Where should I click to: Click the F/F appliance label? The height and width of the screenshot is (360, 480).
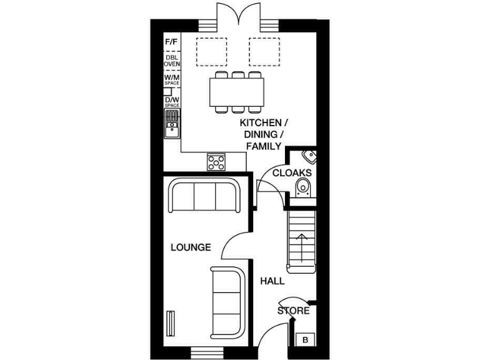click(171, 42)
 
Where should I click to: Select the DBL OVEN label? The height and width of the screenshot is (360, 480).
click(171, 61)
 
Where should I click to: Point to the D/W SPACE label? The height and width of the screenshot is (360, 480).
click(171, 102)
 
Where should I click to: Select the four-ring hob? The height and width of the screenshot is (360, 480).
click(216, 161)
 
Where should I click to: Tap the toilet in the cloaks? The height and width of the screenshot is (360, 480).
click(304, 186)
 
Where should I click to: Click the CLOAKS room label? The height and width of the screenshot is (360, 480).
click(292, 172)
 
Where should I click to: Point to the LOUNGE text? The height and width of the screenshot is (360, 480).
click(191, 247)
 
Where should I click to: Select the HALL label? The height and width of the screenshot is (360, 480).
click(272, 281)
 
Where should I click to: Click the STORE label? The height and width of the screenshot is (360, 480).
click(293, 311)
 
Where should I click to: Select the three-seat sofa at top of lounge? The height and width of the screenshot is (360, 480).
click(205, 195)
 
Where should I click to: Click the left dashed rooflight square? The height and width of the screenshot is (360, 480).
click(212, 51)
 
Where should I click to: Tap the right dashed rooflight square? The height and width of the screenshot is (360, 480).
click(264, 51)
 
